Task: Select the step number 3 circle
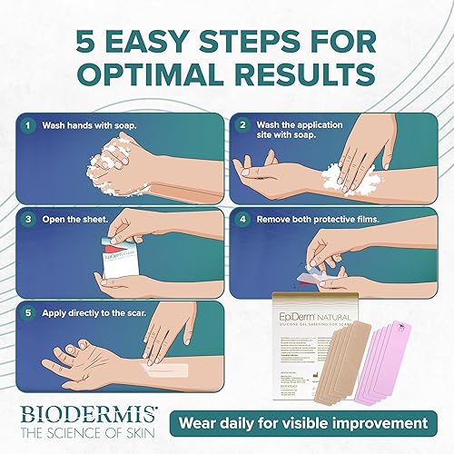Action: (x=28, y=219)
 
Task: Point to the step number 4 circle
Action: (x=242, y=219)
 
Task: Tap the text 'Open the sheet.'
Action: (x=72, y=219)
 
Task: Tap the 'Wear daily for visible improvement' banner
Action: (x=303, y=423)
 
